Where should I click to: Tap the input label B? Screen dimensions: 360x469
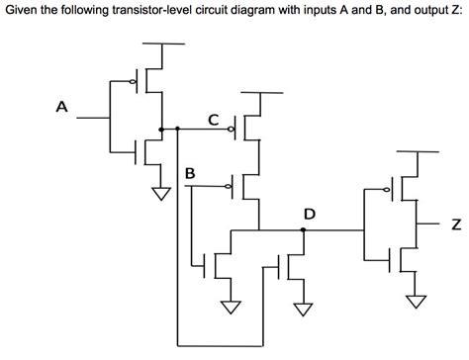191,174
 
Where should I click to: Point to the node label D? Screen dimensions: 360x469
310,213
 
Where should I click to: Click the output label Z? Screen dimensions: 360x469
456,226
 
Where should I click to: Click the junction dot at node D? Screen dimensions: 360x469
304,230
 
